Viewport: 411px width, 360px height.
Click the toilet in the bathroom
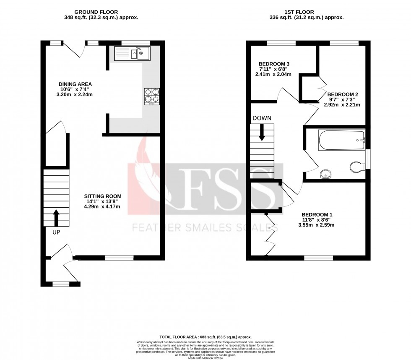[x=357, y=167]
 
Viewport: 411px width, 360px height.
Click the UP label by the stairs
[x=56, y=231]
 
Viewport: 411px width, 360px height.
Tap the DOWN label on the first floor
[x=262, y=118]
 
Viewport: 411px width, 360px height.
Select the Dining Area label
[x=75, y=84]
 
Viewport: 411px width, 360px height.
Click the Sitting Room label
[x=103, y=196]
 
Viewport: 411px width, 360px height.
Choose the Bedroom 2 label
[x=343, y=94]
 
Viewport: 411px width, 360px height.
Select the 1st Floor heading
[x=306, y=12]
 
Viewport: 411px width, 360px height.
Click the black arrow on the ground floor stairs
[x=56, y=218]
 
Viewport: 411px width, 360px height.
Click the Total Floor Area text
[x=205, y=337]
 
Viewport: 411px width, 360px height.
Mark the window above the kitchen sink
[x=135, y=42]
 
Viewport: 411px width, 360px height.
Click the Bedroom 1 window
[x=318, y=258]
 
